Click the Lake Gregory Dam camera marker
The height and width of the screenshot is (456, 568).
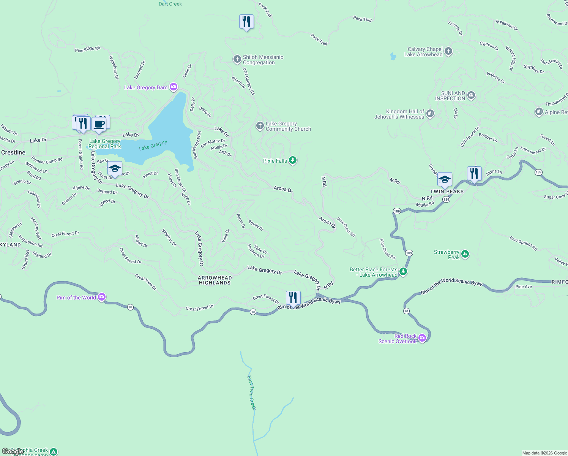click(x=174, y=87)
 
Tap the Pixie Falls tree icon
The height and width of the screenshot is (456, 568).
click(x=292, y=160)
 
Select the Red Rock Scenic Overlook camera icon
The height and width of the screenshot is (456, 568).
click(x=422, y=338)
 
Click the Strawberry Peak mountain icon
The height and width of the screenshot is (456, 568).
click(x=465, y=254)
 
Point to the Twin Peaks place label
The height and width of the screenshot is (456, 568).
click(x=447, y=192)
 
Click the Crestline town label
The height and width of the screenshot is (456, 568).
click(x=13, y=152)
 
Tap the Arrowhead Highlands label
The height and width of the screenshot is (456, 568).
click(x=215, y=280)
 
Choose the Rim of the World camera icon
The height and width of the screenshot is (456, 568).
click(x=101, y=297)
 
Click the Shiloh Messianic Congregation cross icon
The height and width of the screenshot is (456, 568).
click(x=237, y=59)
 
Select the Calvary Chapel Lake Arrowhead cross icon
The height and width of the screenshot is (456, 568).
click(x=448, y=52)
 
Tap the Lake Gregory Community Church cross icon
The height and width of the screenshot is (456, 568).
click(x=260, y=126)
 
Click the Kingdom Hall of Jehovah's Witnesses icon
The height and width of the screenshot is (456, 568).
click(x=430, y=114)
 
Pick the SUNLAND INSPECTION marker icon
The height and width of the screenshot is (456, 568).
click(x=471, y=95)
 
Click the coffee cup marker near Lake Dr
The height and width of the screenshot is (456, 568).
click(x=99, y=124)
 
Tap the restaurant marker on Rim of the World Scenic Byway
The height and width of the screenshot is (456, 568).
click(x=293, y=298)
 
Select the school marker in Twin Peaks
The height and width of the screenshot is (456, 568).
click(x=444, y=179)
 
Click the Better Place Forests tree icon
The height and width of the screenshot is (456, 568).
click(x=403, y=272)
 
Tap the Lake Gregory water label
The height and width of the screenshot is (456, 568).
click(x=153, y=145)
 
